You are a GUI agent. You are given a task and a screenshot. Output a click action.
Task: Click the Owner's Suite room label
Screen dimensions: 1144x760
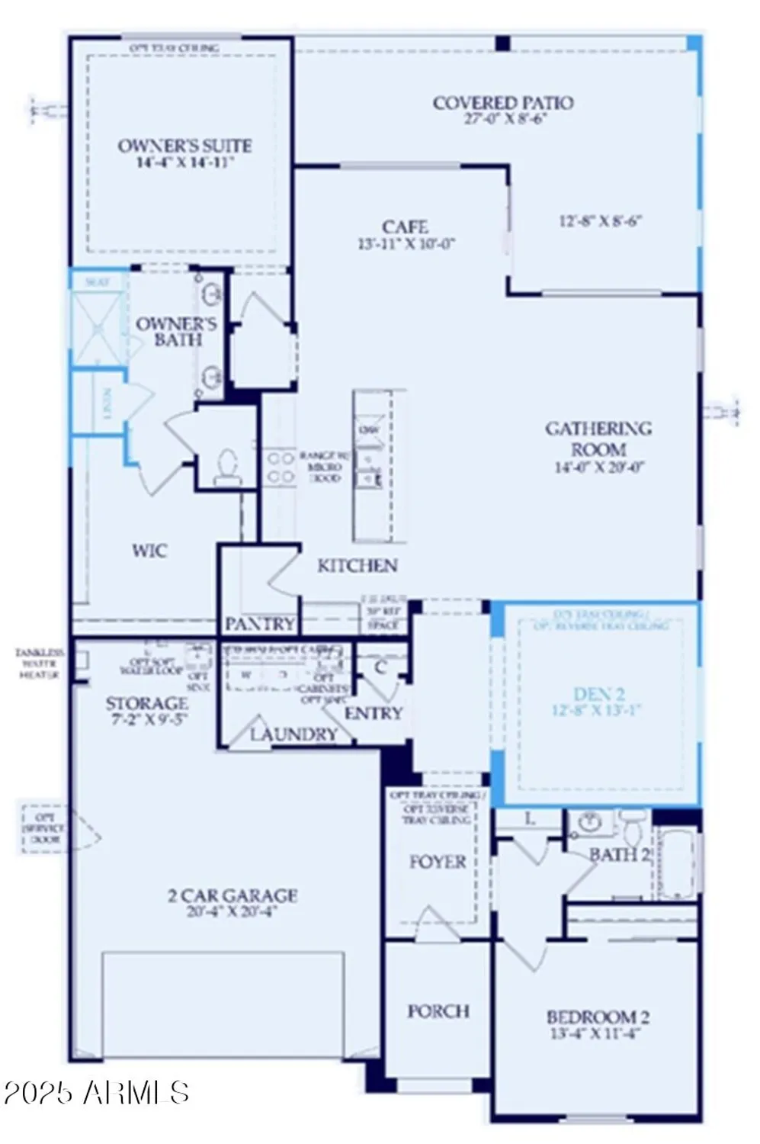184,146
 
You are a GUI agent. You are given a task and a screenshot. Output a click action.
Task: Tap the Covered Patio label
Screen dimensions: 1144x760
503,103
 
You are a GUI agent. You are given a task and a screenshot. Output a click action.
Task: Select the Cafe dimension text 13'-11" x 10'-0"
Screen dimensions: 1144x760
406,245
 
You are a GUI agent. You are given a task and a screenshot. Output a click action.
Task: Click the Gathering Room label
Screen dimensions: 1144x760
598,439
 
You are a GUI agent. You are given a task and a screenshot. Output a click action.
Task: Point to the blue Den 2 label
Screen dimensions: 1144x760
598,694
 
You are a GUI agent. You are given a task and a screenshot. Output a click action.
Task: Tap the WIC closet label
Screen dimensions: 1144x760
149,551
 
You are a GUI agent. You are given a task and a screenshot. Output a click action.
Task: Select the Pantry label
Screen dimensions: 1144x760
259,624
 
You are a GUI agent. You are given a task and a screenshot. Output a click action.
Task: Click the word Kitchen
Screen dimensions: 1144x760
357,566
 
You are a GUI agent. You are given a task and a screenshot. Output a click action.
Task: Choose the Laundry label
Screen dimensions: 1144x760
293,734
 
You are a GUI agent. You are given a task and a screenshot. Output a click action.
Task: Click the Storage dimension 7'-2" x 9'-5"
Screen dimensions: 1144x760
146,719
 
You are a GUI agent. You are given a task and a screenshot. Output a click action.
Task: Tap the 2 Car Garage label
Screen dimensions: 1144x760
232,895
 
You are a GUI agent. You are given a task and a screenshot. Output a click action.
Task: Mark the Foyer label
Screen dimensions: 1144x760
438,862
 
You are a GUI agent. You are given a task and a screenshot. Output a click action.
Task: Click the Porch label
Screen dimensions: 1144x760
438,1011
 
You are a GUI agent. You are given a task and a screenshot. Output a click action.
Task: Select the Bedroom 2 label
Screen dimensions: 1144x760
598,1017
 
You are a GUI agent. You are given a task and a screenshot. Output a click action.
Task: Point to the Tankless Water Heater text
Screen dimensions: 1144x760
39,664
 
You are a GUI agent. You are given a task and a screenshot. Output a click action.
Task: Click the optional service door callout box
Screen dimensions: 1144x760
44,828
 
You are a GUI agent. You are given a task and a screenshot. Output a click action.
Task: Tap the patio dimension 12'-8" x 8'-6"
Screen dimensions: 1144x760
600,221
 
